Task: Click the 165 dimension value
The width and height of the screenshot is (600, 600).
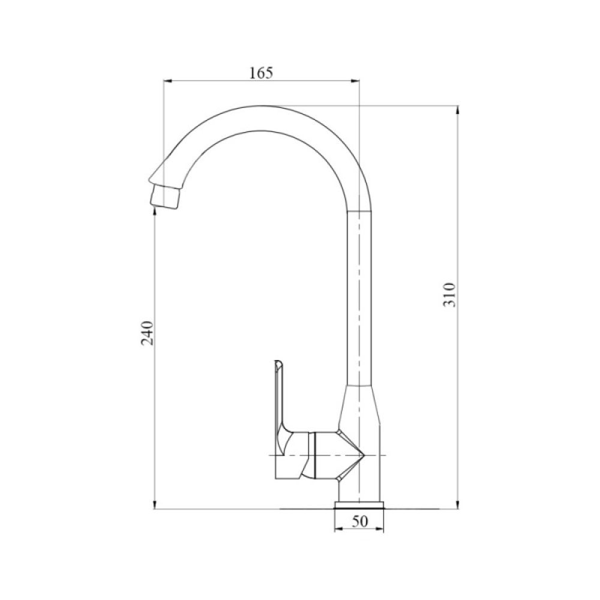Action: [x=261, y=73]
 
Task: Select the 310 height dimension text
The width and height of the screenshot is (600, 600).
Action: [x=451, y=294]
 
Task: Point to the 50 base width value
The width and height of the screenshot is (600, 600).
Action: [x=359, y=522]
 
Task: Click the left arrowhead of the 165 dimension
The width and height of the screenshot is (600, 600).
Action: [x=169, y=81]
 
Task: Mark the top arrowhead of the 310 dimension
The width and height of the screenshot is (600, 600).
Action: [x=458, y=110]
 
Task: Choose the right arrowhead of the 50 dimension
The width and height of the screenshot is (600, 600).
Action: [x=380, y=530]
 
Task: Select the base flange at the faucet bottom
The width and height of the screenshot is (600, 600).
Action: [x=359, y=503]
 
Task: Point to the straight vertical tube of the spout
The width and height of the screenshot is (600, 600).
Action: [x=359, y=300]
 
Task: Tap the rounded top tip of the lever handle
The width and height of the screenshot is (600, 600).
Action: [x=278, y=364]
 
